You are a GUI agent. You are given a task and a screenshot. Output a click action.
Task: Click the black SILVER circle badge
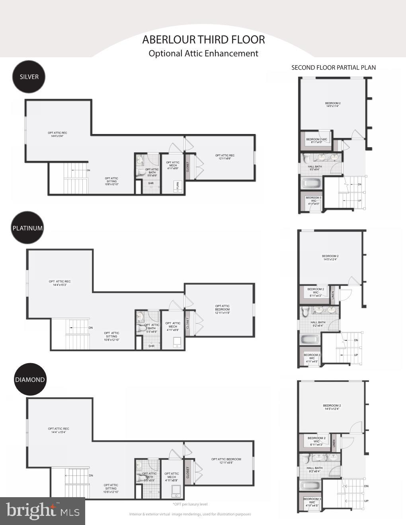(x=29, y=77)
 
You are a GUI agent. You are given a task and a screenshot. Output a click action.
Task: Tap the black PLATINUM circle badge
(x=27, y=228)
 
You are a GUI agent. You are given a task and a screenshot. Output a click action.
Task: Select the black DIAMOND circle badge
(x=30, y=379)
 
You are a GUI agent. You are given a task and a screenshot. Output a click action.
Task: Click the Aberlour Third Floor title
(x=203, y=40)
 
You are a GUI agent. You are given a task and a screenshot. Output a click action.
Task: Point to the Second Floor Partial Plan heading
(x=334, y=68)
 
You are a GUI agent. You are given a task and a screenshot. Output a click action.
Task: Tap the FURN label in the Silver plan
(x=178, y=185)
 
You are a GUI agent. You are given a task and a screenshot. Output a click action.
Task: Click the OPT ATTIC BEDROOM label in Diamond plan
(x=226, y=459)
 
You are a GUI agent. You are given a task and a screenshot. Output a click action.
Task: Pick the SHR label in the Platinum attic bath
(x=151, y=346)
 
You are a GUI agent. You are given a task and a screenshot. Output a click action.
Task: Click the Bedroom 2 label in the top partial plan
(x=333, y=103)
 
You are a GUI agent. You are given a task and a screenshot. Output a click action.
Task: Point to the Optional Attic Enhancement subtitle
(x=203, y=54)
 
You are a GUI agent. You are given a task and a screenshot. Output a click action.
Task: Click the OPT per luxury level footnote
(x=190, y=504)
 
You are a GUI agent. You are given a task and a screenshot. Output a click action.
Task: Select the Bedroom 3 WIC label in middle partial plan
(x=312, y=358)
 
